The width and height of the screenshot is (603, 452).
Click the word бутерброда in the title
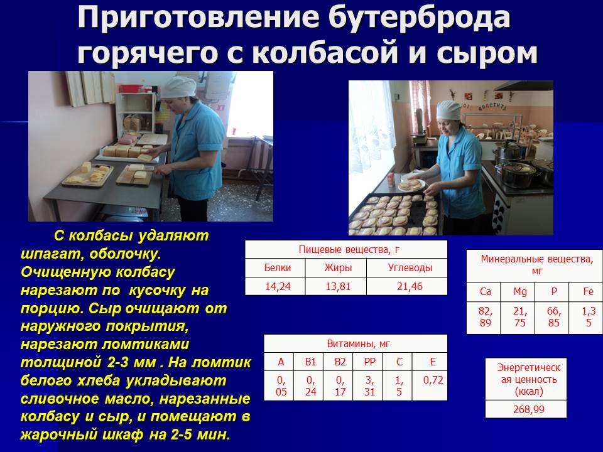pyautogui.click(x=419, y=18)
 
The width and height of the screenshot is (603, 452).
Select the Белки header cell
pyautogui.click(x=277, y=267)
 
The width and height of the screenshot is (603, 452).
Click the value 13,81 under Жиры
pyautogui.click(x=338, y=286)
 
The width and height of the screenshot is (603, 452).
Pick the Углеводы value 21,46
pyautogui.click(x=410, y=286)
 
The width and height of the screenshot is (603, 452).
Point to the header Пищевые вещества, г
pyautogui.click(x=349, y=250)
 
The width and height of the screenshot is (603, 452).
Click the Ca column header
pyautogui.click(x=486, y=292)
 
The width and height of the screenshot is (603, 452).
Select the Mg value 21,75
pyautogui.click(x=519, y=316)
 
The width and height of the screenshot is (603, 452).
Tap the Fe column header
pyautogui.click(x=588, y=292)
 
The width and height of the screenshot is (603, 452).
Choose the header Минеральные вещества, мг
pyautogui.click(x=537, y=264)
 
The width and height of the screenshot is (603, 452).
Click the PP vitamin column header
pyautogui.click(x=369, y=362)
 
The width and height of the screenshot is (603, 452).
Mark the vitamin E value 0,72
pyautogui.click(x=433, y=380)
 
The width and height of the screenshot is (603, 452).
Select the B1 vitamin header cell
pyautogui.click(x=310, y=362)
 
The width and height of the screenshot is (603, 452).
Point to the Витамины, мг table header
pyautogui.click(x=359, y=343)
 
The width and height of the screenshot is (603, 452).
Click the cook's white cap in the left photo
pyautogui.click(x=178, y=87)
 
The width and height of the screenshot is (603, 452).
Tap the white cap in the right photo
pyautogui.click(x=448, y=110)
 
